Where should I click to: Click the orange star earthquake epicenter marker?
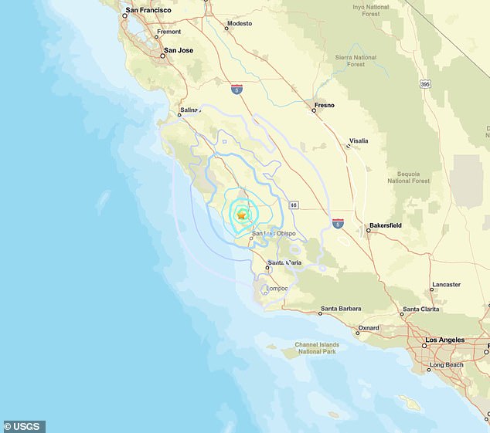(242, 215)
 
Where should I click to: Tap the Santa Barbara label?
(341, 309)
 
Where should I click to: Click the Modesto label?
(240, 24)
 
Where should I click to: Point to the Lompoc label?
(276, 289)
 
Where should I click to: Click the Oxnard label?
(368, 328)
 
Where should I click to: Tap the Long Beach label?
(446, 364)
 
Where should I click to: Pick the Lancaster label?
(445, 284)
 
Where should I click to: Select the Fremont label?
(168, 32)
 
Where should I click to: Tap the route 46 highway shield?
(294, 205)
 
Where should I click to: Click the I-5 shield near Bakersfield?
(338, 223)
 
